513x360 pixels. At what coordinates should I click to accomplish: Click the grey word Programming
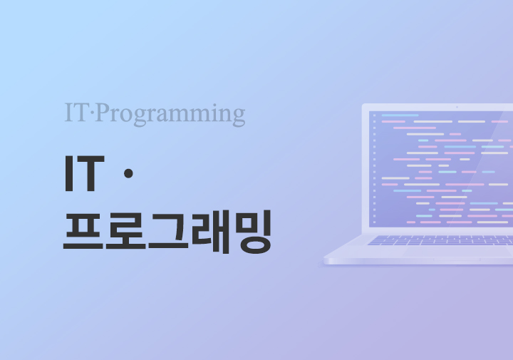coord(171,115)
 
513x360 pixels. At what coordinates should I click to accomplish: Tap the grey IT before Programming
coord(76,112)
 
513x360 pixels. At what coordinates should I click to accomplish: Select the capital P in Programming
coord(104,112)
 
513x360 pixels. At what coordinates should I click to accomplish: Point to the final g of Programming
coord(239,117)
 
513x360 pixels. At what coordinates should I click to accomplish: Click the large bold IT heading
coord(85,173)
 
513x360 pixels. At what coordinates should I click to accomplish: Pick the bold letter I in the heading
coord(68,173)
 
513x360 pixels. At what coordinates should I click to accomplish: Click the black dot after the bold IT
coord(128,173)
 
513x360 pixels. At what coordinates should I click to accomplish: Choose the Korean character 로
coord(125,231)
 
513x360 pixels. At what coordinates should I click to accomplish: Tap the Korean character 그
coord(168,231)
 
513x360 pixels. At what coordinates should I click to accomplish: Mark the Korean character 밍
coord(254,232)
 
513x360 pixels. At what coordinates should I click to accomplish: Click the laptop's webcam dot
coord(457,107)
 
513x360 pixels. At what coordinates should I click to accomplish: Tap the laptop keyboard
coord(440,240)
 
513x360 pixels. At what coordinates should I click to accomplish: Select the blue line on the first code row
coord(400,115)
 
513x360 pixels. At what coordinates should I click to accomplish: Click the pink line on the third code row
coord(414,128)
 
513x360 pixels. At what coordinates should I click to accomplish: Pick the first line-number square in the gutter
coord(374,115)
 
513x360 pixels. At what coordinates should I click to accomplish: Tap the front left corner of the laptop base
coord(325,261)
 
